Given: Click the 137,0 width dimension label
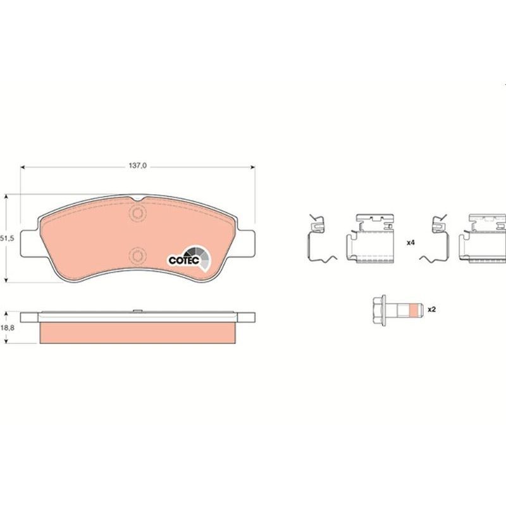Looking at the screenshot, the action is (138, 166).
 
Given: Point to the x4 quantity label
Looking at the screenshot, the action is (410, 243).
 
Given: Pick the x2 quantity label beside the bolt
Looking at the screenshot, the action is (432, 309).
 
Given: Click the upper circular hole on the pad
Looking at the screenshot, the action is (137, 213).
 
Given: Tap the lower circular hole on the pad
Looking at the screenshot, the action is (137, 256).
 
